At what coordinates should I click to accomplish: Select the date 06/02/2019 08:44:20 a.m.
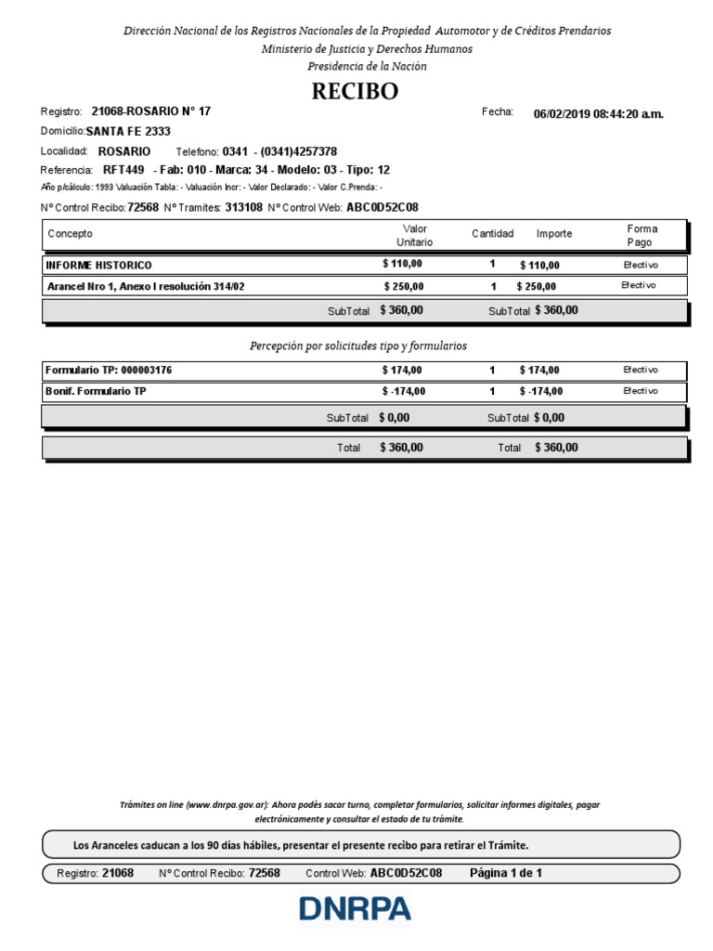click(598, 114)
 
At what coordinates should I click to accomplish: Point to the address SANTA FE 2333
click(122, 132)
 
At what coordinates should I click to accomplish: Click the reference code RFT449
click(123, 170)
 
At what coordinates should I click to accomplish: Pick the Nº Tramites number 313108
click(243, 207)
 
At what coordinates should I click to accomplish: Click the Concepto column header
click(70, 234)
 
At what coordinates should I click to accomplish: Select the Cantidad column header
click(492, 234)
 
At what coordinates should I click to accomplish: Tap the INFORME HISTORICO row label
click(98, 266)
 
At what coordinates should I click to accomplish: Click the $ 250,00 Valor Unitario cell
click(404, 286)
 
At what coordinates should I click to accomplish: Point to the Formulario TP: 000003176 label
click(109, 371)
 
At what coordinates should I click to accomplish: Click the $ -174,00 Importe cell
click(539, 392)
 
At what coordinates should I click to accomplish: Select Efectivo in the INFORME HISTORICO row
click(640, 265)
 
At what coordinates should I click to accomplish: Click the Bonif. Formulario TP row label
click(96, 392)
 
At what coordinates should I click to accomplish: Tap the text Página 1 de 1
click(506, 873)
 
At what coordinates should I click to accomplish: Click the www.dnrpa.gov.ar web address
click(227, 804)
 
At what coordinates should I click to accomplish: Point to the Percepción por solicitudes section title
click(357, 345)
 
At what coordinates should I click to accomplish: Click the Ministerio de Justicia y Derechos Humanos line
click(367, 48)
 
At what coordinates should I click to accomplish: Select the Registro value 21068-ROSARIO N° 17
click(151, 111)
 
